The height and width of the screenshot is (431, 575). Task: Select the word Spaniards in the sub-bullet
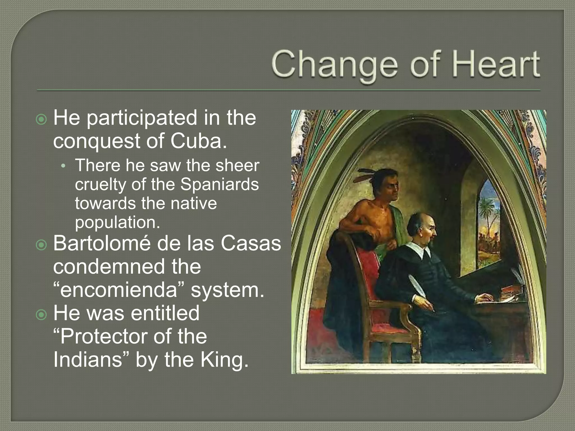tap(219, 185)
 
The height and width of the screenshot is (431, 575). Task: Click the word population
tap(117, 223)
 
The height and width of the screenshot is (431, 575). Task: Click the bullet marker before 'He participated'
tap(42, 120)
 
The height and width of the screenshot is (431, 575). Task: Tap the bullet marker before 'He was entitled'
tap(42, 315)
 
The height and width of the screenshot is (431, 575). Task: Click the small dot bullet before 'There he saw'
tap(63, 166)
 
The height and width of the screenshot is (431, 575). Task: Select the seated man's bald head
tap(417, 224)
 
